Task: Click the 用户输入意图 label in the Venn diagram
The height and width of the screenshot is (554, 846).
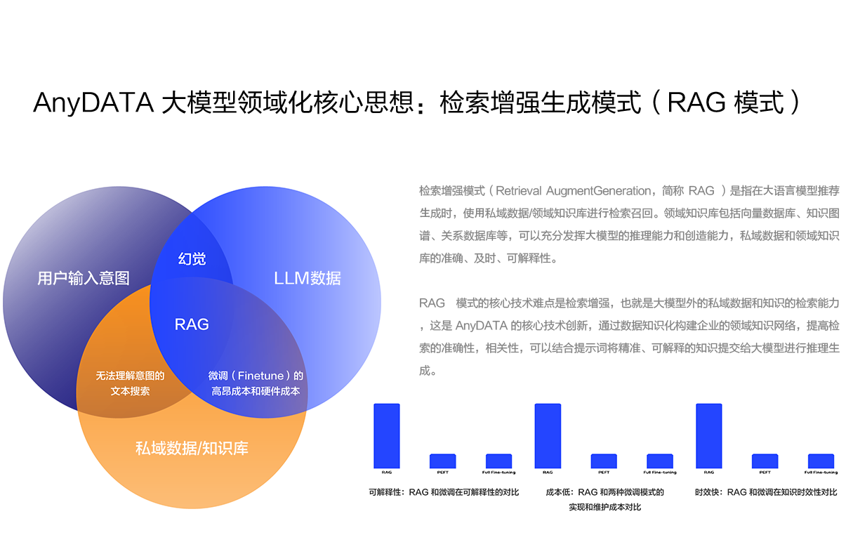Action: click(84, 278)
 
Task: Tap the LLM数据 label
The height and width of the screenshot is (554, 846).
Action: click(307, 278)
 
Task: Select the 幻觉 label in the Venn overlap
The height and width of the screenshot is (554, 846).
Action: click(192, 259)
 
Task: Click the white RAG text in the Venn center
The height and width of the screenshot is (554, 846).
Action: click(192, 324)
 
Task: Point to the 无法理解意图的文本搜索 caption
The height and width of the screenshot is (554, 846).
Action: click(130, 383)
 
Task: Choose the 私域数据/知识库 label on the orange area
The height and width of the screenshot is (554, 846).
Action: click(192, 448)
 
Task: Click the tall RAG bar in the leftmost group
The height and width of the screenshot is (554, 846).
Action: click(387, 435)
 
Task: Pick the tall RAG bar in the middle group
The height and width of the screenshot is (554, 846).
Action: click(548, 435)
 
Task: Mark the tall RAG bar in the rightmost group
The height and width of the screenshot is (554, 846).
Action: click(708, 435)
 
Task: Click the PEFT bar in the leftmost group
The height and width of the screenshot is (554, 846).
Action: click(443, 461)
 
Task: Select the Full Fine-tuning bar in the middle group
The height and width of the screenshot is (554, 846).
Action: click(660, 461)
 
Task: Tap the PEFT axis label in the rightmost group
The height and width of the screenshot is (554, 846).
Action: click(765, 473)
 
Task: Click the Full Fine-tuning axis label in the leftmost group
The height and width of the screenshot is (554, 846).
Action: click(498, 473)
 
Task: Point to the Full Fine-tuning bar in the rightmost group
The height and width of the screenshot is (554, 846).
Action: click(821, 461)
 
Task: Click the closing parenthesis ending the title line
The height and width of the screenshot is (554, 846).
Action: click(794, 104)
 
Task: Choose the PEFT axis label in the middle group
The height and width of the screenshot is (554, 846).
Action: click(604, 473)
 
